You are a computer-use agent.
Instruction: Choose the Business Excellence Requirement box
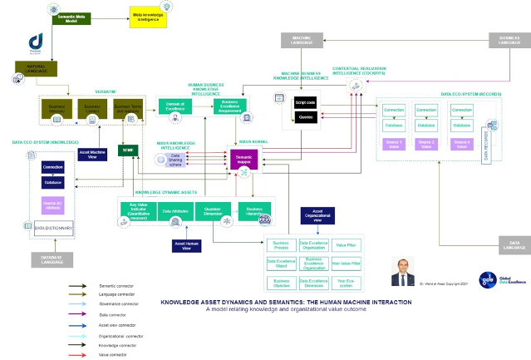tap(230, 106)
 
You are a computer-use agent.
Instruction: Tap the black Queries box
tap(306, 118)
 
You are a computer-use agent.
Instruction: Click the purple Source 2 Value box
tap(426, 143)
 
